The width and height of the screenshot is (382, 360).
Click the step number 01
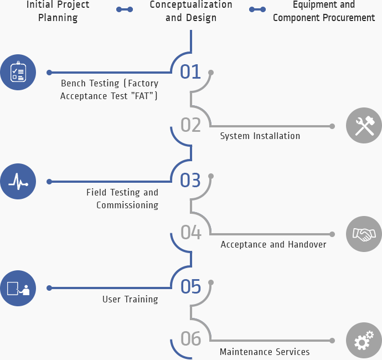tap(190, 71)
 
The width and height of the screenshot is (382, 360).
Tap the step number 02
tap(190, 125)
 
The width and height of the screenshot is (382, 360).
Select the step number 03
tap(190, 180)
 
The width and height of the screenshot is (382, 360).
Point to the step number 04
tap(190, 233)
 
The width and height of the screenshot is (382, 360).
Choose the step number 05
tap(190, 286)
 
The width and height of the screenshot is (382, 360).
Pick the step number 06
tap(190, 339)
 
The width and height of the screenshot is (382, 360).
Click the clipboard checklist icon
tap(18, 72)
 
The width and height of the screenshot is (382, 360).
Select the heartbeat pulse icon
tap(18, 181)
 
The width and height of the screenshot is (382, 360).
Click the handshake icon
tap(364, 234)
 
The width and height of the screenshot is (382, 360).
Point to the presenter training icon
tap(18, 288)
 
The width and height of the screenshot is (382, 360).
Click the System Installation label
tap(260, 136)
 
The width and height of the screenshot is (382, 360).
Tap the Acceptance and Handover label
tap(273, 244)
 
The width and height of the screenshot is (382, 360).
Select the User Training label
tap(130, 299)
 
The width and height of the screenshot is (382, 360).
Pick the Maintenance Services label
tap(265, 352)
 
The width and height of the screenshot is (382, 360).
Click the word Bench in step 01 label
tap(75, 84)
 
